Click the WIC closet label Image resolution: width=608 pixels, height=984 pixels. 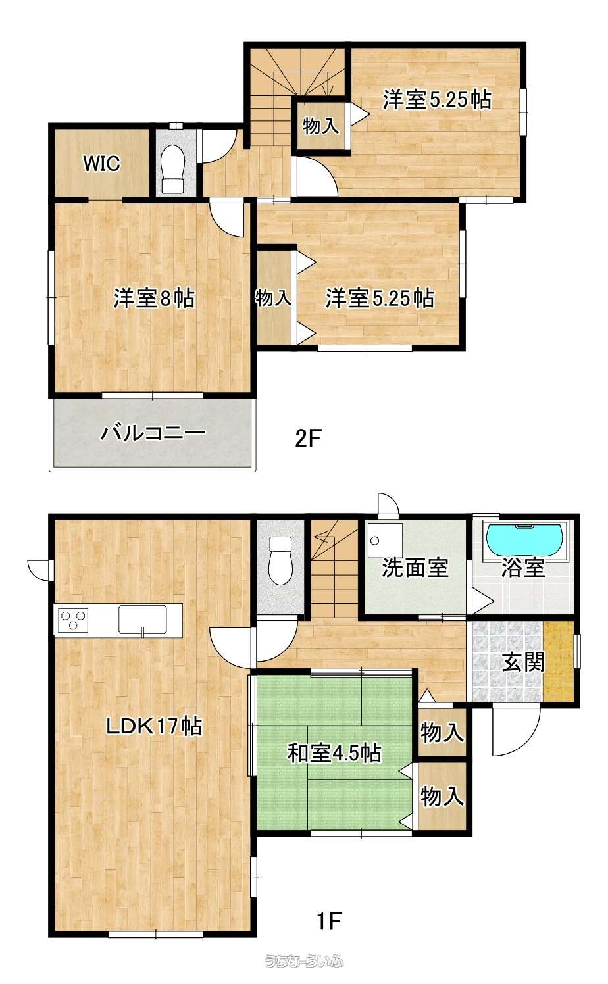[x=101, y=163]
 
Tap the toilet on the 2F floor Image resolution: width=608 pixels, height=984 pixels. [x=172, y=169]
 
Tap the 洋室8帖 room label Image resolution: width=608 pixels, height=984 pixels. [x=154, y=298]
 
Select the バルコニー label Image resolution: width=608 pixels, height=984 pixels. [x=153, y=433]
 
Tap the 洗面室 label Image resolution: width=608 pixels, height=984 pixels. [x=415, y=568]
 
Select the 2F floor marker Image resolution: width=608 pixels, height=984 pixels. [x=309, y=439]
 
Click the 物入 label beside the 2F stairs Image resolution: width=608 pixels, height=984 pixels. [x=321, y=126]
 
